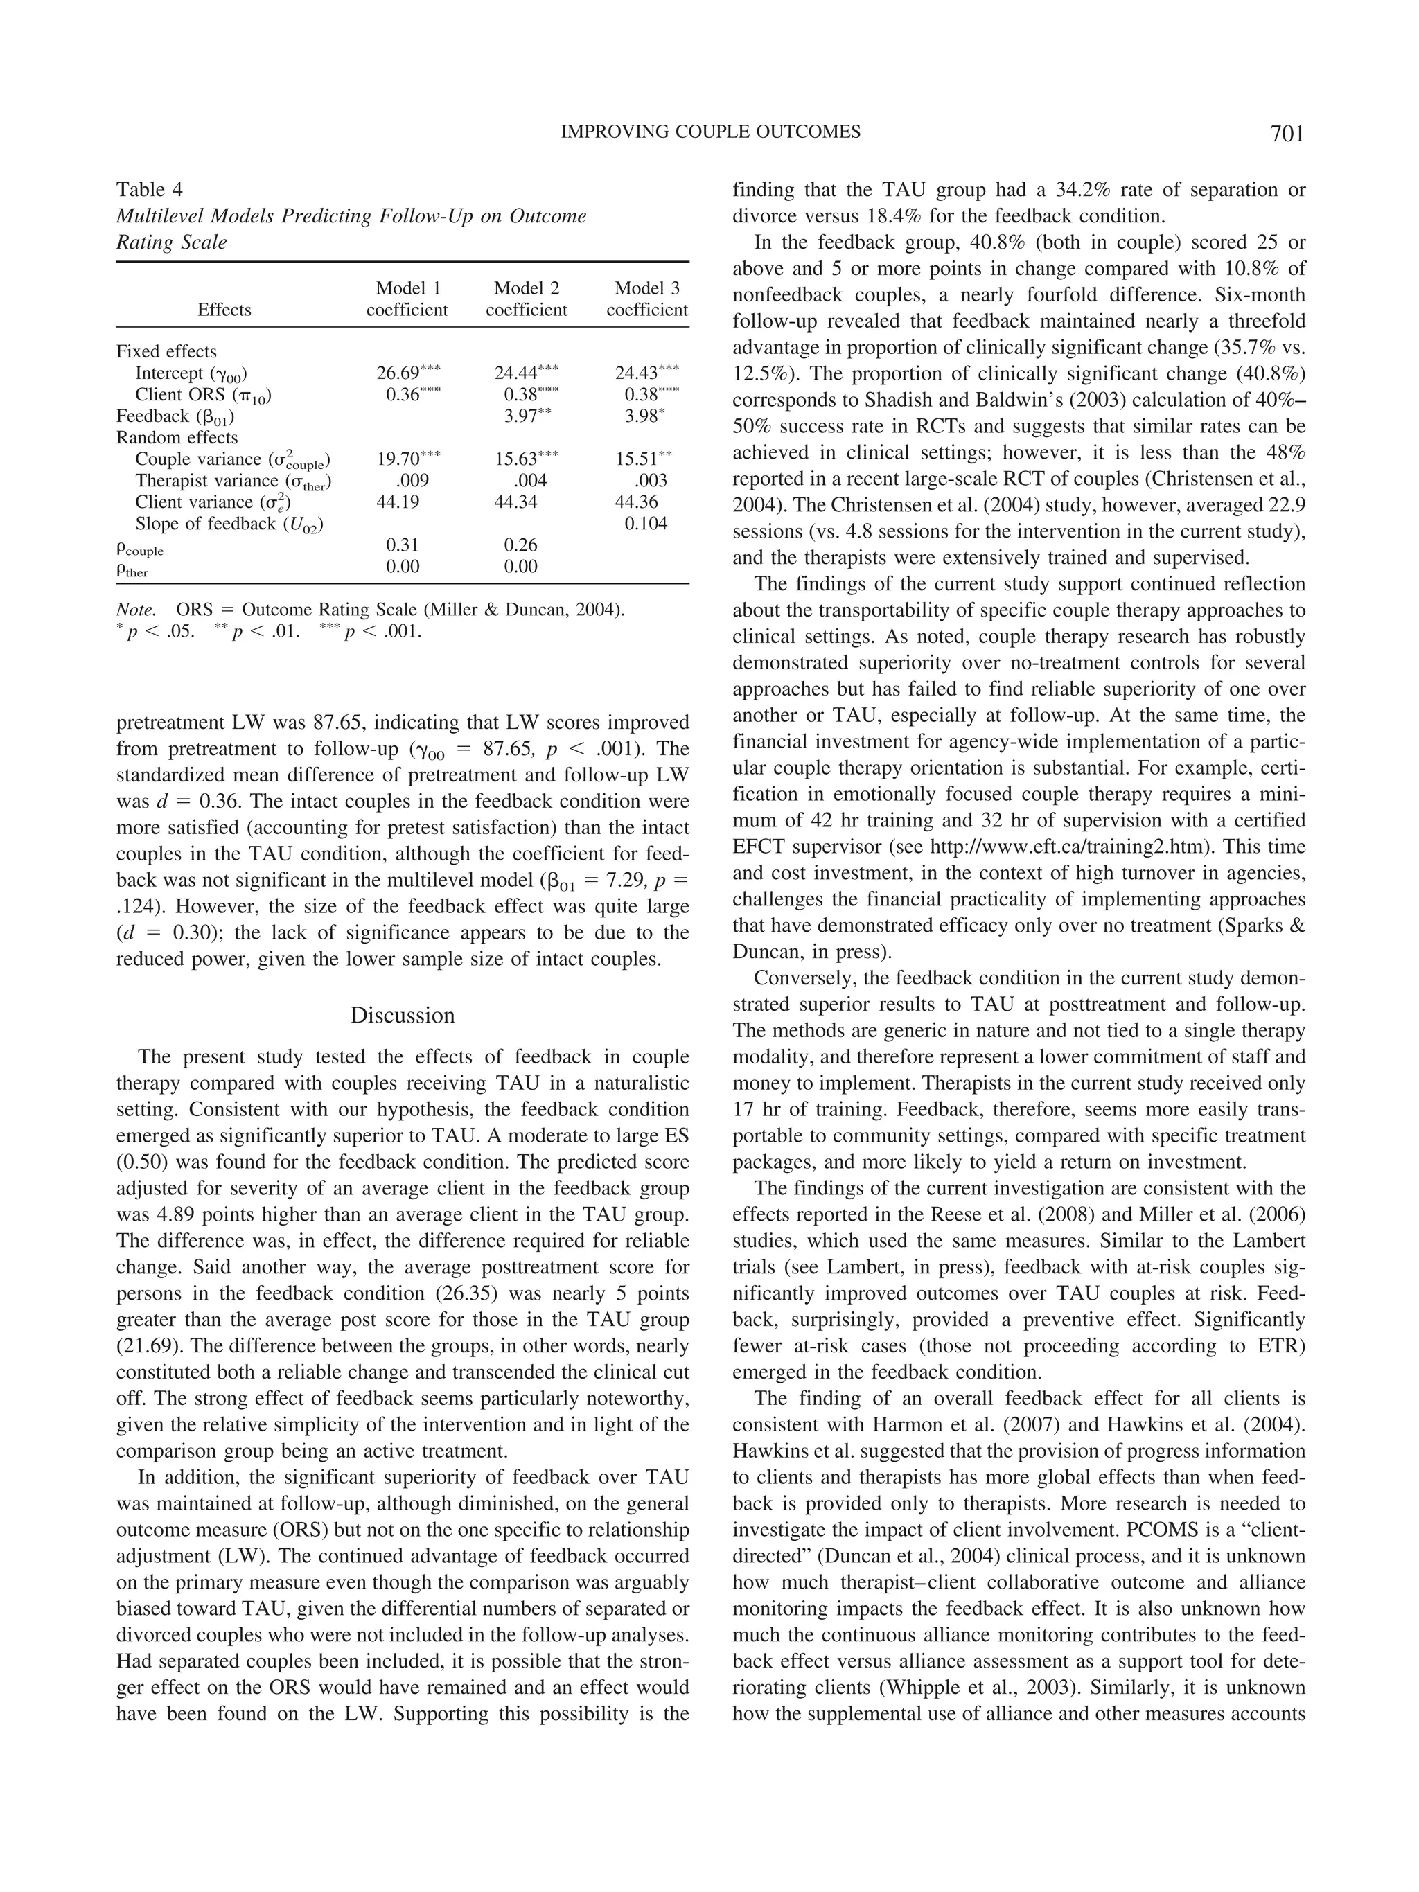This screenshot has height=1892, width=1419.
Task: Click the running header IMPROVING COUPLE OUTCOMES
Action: point(710,132)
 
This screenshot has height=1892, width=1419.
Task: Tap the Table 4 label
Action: point(150,190)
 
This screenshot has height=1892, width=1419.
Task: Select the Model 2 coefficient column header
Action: point(525,299)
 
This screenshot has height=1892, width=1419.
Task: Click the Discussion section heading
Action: point(402,1016)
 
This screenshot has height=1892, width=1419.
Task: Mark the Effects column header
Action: point(224,310)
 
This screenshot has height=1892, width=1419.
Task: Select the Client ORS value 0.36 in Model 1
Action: point(402,395)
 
